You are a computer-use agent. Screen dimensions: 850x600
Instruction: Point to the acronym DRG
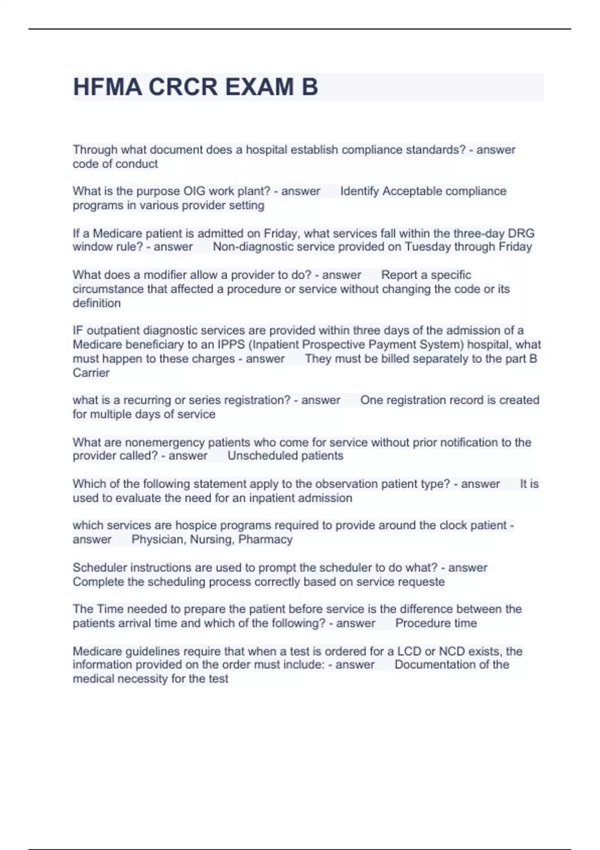pos(521,233)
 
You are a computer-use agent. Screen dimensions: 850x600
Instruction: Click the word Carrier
pos(91,372)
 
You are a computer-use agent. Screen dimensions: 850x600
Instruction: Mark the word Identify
pos(359,191)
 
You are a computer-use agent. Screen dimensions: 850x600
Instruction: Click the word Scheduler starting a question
pos(97,568)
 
